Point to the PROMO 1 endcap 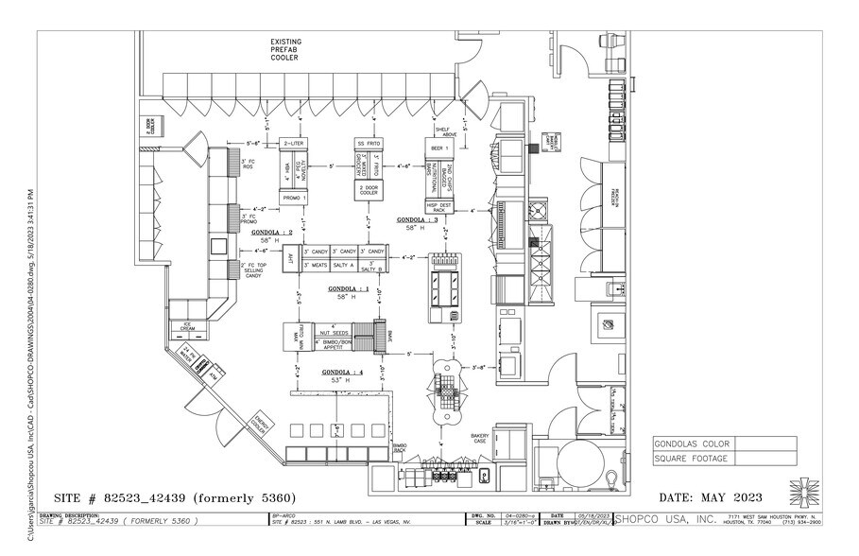pyautogui.click(x=294, y=198)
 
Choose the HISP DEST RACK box pyautogui.click(x=441, y=206)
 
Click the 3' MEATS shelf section pyautogui.click(x=315, y=266)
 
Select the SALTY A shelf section pyautogui.click(x=346, y=266)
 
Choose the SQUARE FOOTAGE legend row pyautogui.click(x=691, y=459)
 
